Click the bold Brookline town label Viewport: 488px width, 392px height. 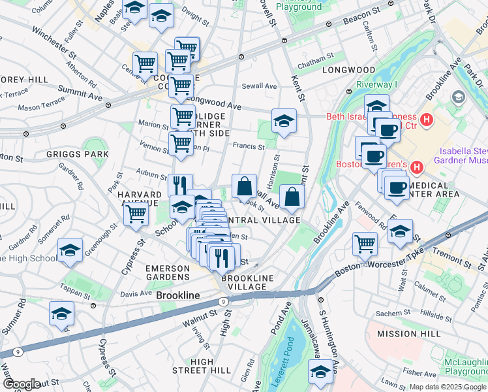click(178, 296)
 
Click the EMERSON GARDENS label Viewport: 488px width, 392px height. click(167, 273)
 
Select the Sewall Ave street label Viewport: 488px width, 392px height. click(260, 86)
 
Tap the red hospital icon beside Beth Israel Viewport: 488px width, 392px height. click(427, 120)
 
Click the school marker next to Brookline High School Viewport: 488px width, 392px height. click(70, 250)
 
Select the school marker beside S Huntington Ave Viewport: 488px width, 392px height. click(320, 373)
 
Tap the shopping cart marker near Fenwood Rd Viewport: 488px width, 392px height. click(365, 244)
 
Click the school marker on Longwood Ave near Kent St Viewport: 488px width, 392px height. click(284, 121)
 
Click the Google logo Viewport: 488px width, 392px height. click(21, 384)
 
